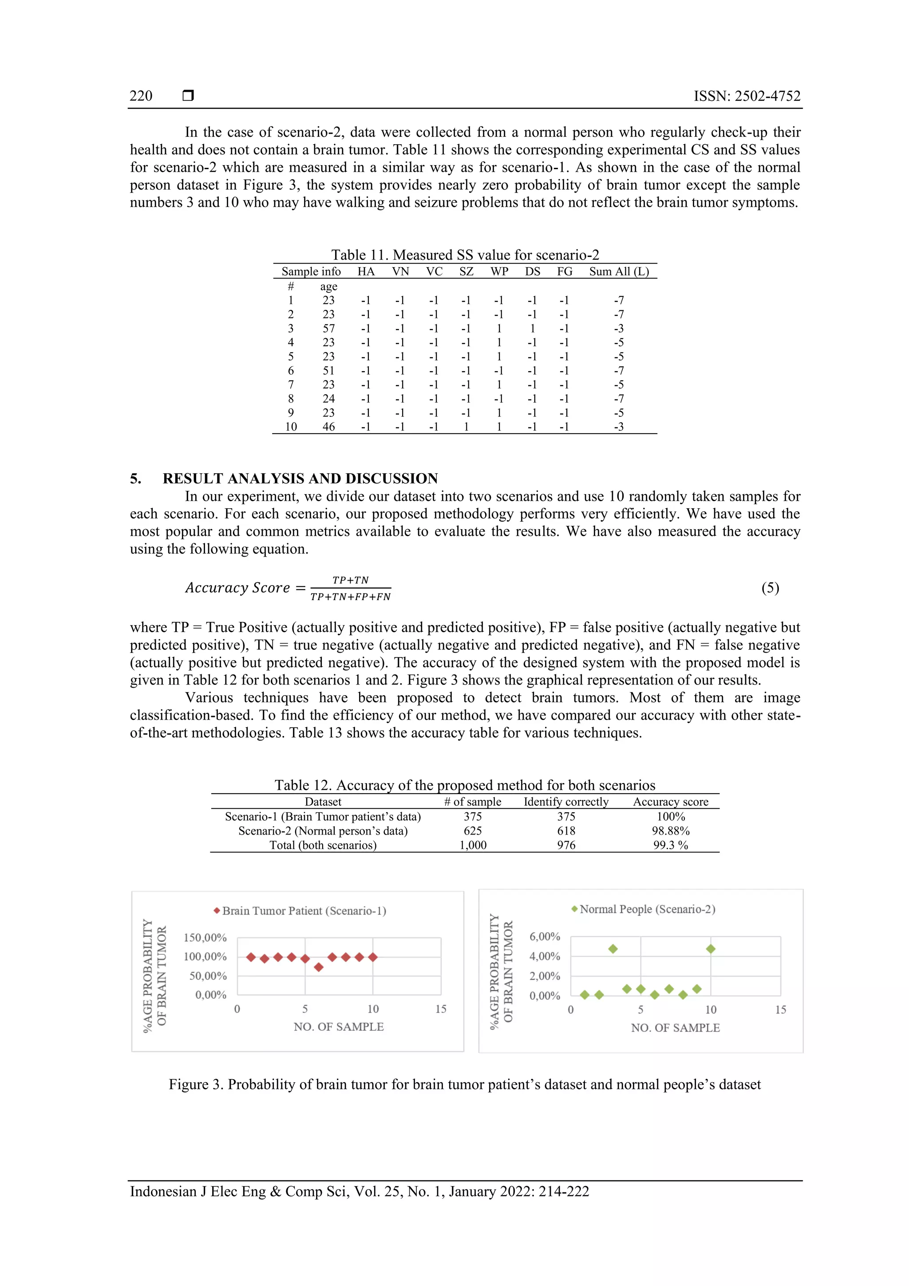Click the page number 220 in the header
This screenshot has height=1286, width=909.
141,96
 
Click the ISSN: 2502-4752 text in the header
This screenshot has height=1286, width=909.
747,96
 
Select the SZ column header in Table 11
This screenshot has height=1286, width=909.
466,272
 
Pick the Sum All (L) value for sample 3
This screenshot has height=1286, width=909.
618,329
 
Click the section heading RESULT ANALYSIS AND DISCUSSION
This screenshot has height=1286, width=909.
300,479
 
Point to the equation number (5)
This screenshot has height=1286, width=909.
770,588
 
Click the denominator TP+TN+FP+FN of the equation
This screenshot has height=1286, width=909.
351,597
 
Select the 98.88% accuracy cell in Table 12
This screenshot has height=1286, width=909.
670,831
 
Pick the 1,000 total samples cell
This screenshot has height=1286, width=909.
473,845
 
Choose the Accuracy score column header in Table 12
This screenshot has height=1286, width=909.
670,802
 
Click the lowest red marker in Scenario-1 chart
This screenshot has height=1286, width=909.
319,967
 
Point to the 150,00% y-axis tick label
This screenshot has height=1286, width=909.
205,938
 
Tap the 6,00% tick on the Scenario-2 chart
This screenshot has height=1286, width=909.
545,937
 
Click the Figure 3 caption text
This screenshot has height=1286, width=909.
464,1084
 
